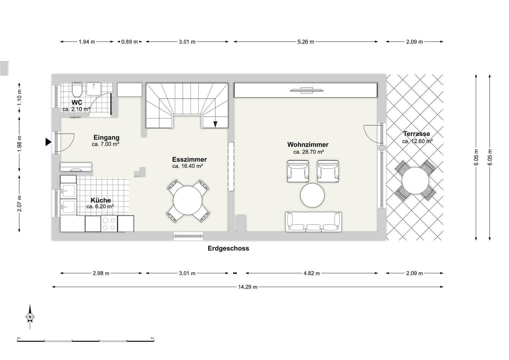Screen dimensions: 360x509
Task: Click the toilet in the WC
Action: (x=77, y=89)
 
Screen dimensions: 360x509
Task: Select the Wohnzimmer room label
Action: (x=308, y=145)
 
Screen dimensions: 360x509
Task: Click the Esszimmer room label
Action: (x=189, y=160)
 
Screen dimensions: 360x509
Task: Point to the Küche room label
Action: (x=101, y=200)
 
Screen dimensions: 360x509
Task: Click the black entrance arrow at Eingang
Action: (x=48, y=142)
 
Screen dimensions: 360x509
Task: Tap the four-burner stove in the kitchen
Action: (x=109, y=223)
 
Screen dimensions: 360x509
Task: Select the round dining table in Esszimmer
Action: (x=188, y=201)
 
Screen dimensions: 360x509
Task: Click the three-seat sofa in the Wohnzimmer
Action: (x=313, y=222)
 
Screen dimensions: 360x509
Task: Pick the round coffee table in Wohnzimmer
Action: (x=312, y=195)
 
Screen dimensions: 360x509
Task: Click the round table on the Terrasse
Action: (x=415, y=180)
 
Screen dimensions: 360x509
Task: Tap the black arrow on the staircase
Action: (x=215, y=124)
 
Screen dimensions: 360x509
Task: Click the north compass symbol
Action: (x=30, y=317)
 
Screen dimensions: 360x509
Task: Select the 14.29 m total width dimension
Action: (x=248, y=287)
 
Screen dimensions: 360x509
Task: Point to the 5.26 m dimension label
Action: (x=305, y=42)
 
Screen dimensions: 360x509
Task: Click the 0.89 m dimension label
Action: (x=130, y=42)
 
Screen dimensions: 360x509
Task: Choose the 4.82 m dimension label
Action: (x=311, y=273)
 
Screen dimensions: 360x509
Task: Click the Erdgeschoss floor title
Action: (x=228, y=248)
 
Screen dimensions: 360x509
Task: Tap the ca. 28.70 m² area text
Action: (x=308, y=152)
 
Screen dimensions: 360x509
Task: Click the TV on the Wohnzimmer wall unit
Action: (x=306, y=90)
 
